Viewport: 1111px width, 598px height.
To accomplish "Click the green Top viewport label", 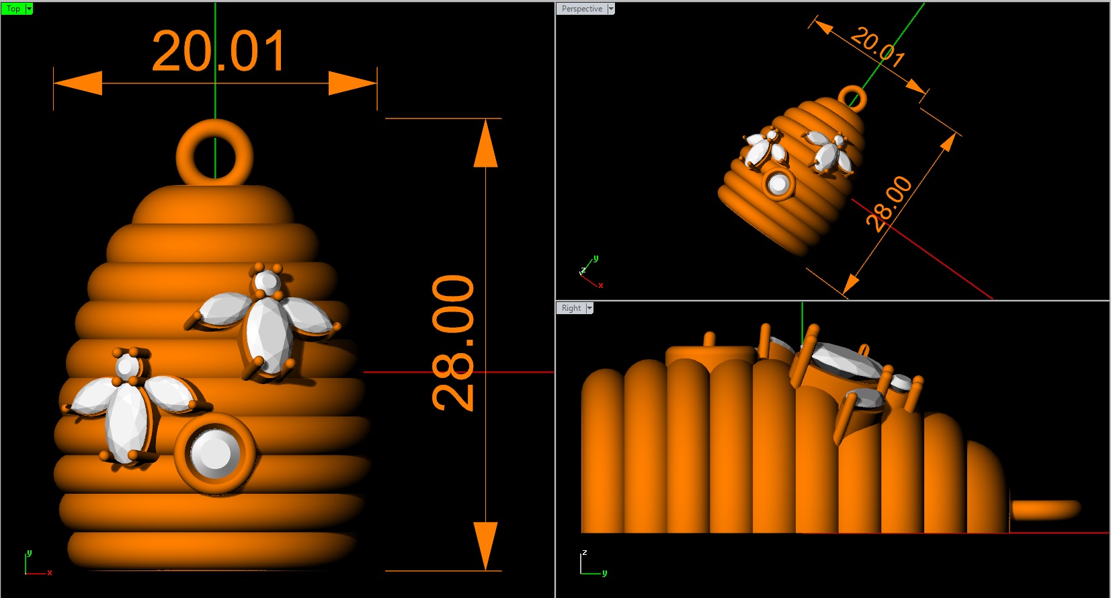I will (x=13, y=9).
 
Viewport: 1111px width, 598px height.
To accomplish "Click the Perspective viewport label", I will (x=581, y=9).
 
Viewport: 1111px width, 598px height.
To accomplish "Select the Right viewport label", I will (x=571, y=308).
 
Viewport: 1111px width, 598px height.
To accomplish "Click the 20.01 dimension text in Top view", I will (x=219, y=51).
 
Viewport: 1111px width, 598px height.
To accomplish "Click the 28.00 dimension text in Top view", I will (x=453, y=342).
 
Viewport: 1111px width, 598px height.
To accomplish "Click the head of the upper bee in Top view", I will (x=267, y=282).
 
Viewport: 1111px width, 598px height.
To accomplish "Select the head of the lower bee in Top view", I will (x=127, y=367).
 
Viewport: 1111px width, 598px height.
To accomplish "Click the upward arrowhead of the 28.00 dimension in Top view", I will (x=485, y=145).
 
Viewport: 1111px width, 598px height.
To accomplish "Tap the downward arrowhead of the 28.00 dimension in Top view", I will (x=485, y=545).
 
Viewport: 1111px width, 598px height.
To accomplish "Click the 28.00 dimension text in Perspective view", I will (x=889, y=203).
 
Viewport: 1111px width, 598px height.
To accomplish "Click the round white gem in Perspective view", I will (x=778, y=184).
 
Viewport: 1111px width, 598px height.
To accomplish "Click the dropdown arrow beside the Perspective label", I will (x=611, y=9).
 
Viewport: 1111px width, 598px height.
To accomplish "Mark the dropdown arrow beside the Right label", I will (x=589, y=308).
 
